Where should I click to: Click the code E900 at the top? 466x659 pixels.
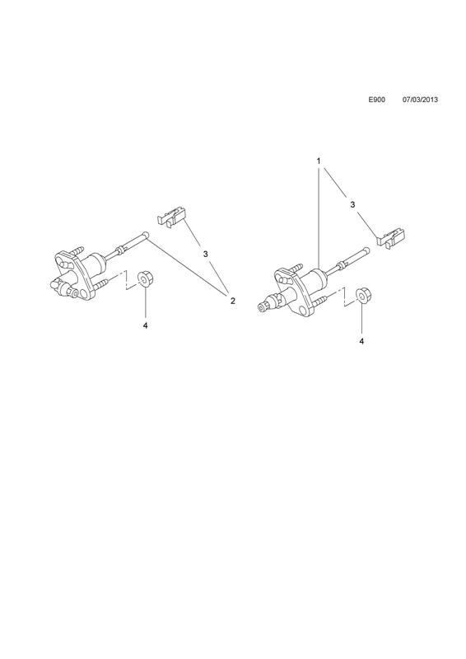point(376,100)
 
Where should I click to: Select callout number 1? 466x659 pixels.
point(319,161)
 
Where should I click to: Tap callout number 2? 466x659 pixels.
point(232,301)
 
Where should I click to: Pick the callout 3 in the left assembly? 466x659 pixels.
point(206,254)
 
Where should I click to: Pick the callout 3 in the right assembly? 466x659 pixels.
point(352,204)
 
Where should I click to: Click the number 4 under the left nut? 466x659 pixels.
point(146,325)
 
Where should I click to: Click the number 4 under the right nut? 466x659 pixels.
point(361,341)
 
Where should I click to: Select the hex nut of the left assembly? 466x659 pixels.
point(146,278)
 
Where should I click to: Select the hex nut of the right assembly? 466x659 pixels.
point(362,296)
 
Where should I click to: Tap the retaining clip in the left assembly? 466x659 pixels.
point(171,217)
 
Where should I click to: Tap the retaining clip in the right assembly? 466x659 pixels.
point(391,238)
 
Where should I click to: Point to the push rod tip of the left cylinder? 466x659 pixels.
point(146,235)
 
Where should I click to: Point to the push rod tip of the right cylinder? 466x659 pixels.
point(367,250)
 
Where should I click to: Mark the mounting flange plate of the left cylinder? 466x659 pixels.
point(75,274)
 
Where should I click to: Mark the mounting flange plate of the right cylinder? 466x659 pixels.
point(296,292)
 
